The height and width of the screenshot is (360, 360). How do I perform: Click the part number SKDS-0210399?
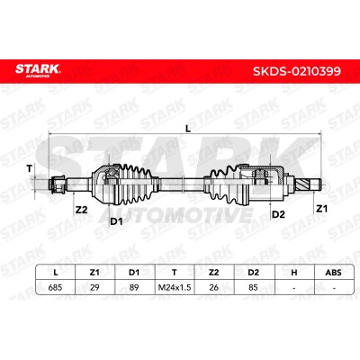pos(297,71)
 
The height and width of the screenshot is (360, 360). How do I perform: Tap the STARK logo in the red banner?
pos(38,70)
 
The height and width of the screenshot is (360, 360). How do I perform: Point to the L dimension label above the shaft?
pos(188,129)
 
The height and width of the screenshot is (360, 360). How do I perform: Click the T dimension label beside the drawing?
pos(29,169)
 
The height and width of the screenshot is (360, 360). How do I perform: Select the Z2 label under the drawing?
pos(81,210)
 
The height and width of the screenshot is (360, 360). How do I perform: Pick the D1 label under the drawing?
pos(116,221)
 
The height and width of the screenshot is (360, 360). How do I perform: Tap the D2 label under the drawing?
pos(278,214)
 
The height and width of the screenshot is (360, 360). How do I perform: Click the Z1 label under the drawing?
pos(322,209)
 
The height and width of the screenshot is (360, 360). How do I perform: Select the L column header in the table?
pos(55,273)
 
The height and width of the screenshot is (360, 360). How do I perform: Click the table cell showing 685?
pos(55,287)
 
